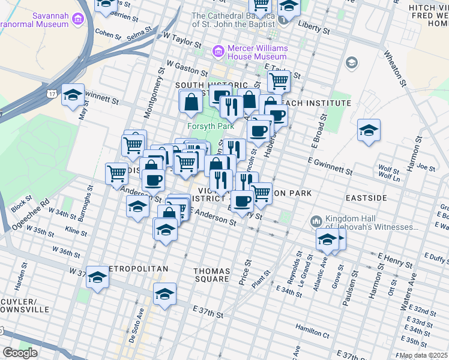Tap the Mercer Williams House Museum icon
(x=217, y=52)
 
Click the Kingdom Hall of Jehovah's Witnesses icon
(x=316, y=222)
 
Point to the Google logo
(x=19, y=353)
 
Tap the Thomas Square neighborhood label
(x=211, y=275)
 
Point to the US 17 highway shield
(x=52, y=94)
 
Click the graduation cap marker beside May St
(x=73, y=95)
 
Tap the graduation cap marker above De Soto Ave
(x=164, y=293)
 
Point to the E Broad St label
(x=318, y=132)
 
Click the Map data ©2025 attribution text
(x=423, y=355)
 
